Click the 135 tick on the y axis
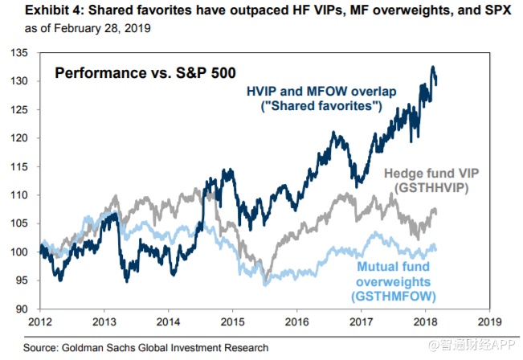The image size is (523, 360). click(x=23, y=53)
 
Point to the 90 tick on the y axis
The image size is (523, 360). click(x=26, y=309)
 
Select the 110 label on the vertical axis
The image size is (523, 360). click(x=23, y=195)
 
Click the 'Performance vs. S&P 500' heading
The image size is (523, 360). click(x=145, y=73)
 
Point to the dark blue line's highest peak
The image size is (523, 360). click(x=433, y=67)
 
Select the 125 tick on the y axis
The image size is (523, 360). click(x=23, y=110)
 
